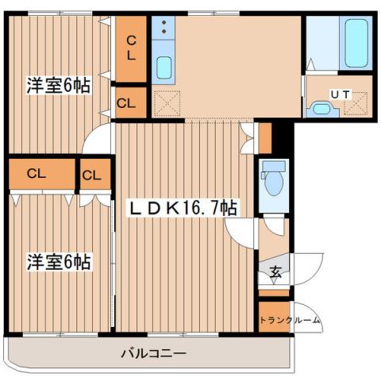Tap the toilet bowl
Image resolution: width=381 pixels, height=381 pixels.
click(x=274, y=180)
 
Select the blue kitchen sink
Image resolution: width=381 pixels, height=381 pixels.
click(x=164, y=68)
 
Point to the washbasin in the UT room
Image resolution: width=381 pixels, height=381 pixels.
click(x=321, y=109)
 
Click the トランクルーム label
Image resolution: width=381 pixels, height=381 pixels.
click(x=290, y=321)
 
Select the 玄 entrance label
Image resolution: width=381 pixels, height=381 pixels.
click(x=275, y=272)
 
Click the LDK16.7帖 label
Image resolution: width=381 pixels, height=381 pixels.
click(x=182, y=208)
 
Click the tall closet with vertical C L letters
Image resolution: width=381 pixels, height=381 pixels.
click(x=131, y=48)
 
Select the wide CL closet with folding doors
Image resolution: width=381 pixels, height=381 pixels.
click(x=35, y=174)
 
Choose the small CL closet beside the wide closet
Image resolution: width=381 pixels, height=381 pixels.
click(x=92, y=175)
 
